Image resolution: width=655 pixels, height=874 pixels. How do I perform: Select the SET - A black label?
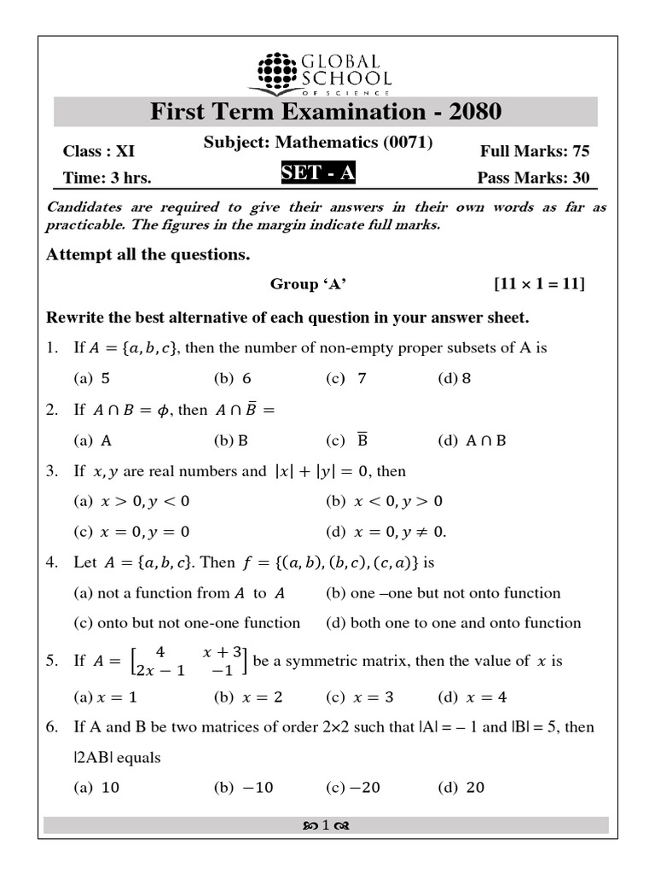click(317, 173)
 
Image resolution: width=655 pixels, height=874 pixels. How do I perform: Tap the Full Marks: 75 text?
click(534, 151)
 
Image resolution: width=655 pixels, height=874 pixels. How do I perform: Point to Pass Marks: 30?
click(533, 178)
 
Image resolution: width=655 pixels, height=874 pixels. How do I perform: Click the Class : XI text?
click(99, 151)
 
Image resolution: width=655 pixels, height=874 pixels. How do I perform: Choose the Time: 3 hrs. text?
click(107, 178)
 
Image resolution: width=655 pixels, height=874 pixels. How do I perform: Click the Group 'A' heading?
click(309, 284)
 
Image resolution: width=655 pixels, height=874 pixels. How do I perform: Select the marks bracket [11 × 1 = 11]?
click(539, 284)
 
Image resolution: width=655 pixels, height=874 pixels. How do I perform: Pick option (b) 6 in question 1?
click(233, 378)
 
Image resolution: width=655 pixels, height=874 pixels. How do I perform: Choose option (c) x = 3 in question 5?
click(360, 697)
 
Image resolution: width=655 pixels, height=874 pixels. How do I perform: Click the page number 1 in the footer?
click(326, 825)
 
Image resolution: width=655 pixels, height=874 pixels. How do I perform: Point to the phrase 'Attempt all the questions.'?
click(148, 254)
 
